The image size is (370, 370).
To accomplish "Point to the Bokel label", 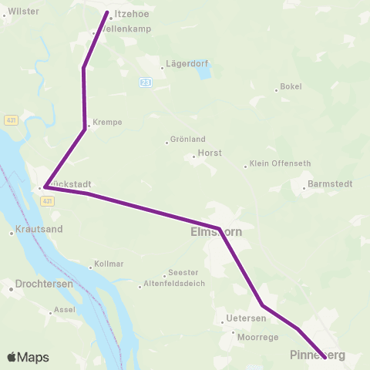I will coord(291,86).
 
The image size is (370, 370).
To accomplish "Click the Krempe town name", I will coord(107,123).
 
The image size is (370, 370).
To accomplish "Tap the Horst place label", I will coord(210,153).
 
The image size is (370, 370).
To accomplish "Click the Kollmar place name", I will coord(109,264).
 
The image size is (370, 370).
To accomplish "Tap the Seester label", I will coord(183,272).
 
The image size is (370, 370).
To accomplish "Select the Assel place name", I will coord(62,311).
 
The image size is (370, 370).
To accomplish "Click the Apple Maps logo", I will coord(28,357).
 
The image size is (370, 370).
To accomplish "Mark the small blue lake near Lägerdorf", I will coord(203,72).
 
